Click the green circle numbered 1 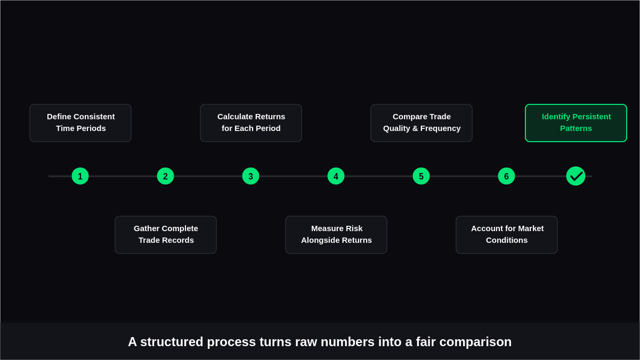tap(80, 176)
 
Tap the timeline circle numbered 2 tap(165, 176)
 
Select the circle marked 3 tap(250, 176)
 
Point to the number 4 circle tap(336, 176)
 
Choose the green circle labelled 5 tap(421, 176)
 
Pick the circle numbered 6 tap(506, 176)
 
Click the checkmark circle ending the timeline tap(576, 176)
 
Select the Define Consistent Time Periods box tap(80, 123)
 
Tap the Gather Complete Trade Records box tap(166, 235)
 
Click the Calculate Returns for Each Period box tap(251, 123)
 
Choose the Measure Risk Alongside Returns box tap(336, 235)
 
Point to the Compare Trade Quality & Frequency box tap(422, 123)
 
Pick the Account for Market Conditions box tap(507, 235)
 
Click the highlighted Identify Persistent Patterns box tap(576, 123)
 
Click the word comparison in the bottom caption tap(475, 342)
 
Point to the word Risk tap(354, 228)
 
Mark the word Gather tap(147, 228)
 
